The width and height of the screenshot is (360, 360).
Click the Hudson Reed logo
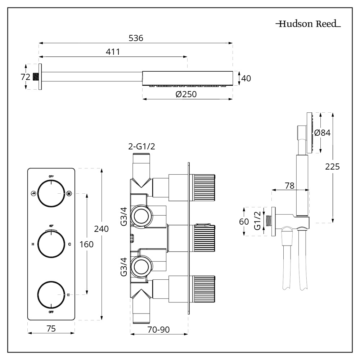[308, 24]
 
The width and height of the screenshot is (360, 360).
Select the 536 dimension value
[136, 38]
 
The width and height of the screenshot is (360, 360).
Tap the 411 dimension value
[113, 51]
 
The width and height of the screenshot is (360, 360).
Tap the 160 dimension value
[86, 244]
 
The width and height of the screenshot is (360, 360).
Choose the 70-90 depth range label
[159, 329]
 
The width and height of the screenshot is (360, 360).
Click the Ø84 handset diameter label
[322, 132]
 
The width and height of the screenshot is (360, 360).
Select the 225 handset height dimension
[332, 167]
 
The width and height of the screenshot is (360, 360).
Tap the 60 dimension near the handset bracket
[244, 221]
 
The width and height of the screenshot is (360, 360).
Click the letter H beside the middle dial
[33, 244]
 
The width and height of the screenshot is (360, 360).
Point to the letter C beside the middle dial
[69, 244]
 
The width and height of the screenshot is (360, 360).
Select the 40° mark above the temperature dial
[51, 226]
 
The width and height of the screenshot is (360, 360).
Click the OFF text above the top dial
[51, 176]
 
